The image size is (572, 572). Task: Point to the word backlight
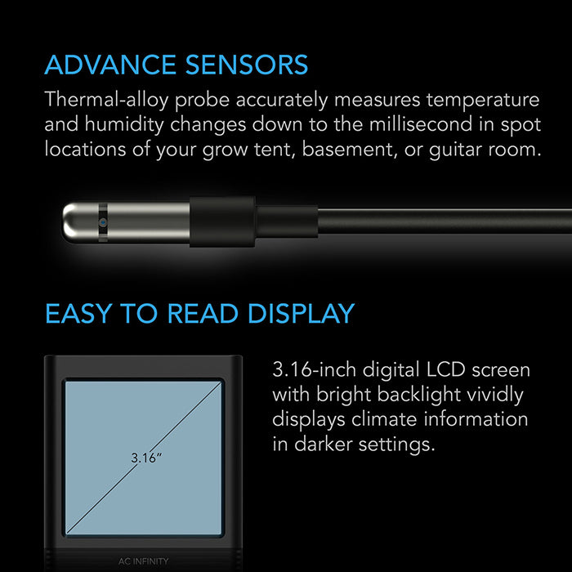413,395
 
